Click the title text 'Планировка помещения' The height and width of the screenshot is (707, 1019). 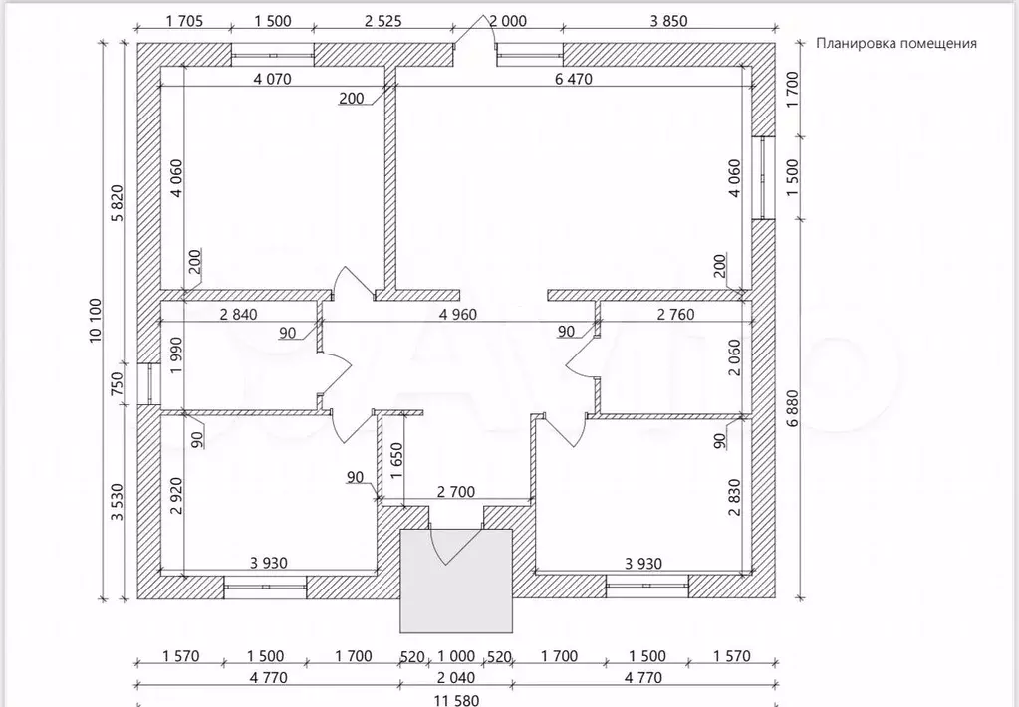[896, 44]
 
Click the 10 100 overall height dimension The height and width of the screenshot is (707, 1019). [96, 321]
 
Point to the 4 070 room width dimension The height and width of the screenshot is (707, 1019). [272, 79]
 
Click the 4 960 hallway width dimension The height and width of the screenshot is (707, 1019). [457, 315]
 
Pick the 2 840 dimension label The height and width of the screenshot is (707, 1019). [238, 315]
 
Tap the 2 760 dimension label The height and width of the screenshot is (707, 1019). [676, 315]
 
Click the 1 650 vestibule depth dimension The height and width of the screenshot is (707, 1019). [397, 461]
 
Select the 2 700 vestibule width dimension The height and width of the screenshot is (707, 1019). [455, 492]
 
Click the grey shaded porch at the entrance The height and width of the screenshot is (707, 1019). [456, 581]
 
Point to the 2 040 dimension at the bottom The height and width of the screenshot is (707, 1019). [455, 678]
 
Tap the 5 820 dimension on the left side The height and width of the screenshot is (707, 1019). [118, 203]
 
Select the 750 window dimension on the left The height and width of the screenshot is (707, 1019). [118, 383]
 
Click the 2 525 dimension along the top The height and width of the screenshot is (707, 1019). [382, 21]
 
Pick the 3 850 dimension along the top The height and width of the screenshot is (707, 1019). [668, 21]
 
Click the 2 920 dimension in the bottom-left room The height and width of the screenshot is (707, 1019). [176, 496]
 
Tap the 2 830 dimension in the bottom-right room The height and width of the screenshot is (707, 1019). [734, 497]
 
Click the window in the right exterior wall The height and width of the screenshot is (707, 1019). [764, 178]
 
